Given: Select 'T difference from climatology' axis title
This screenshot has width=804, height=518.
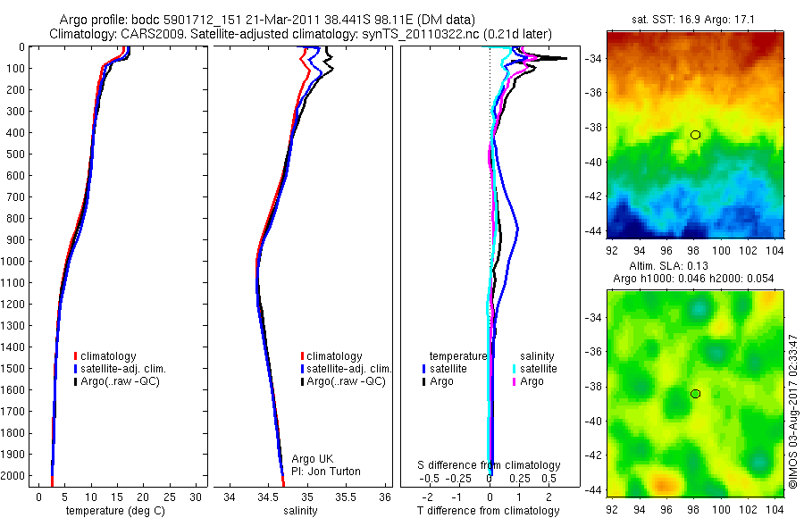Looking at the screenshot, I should click(x=489, y=511).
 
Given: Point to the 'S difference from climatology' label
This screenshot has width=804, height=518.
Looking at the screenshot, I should click(x=490, y=465).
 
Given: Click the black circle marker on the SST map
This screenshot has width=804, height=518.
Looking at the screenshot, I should click(x=695, y=135).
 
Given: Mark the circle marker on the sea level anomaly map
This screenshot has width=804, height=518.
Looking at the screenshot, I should click(x=695, y=394).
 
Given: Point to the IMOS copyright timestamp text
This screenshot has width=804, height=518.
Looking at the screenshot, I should click(x=793, y=412).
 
